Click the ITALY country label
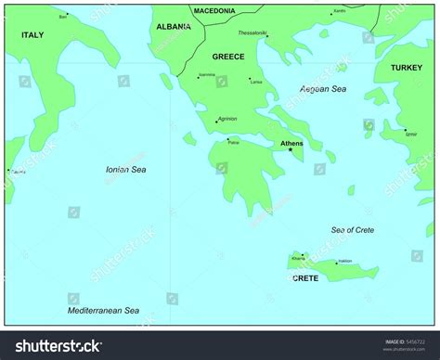tap(32, 34)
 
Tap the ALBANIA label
tap(174, 27)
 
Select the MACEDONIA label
tap(214, 10)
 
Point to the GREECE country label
tap(228, 57)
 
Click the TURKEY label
tap(406, 68)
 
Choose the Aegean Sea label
tap(323, 88)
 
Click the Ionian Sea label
tap(125, 170)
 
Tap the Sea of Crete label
tap(353, 229)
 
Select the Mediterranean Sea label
tap(103, 310)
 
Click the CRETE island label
tap(305, 278)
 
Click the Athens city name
tap(291, 143)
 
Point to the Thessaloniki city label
tap(252, 32)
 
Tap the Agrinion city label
tap(228, 118)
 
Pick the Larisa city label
tap(256, 82)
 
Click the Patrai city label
tap(233, 143)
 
